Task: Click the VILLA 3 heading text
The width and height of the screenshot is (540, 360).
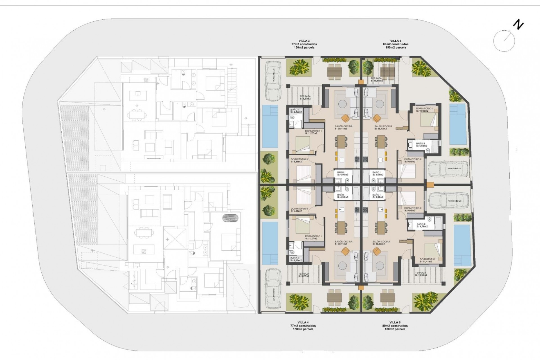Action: click(304, 41)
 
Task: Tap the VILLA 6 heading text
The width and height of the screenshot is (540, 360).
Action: click(395, 322)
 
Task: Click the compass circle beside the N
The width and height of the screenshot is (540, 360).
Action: click(504, 41)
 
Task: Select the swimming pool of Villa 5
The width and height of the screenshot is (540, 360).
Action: click(458, 124)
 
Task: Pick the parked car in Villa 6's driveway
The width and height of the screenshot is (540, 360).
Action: click(448, 201)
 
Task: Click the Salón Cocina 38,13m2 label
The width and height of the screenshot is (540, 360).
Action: click(383, 127)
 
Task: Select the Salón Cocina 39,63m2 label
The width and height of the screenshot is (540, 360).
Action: click(381, 243)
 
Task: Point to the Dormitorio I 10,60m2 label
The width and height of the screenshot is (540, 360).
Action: click(424, 110)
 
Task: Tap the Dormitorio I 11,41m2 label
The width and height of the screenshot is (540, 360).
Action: click(428, 260)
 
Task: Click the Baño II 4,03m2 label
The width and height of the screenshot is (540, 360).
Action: click(421, 145)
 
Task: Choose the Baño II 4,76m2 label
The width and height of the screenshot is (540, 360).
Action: click(422, 225)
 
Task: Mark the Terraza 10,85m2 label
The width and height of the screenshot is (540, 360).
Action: click(376, 79)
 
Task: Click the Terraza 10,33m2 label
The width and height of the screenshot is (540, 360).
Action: click(421, 274)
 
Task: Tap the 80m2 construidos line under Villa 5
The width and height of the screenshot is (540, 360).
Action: click(395, 44)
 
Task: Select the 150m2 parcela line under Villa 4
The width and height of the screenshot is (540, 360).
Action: click(303, 329)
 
